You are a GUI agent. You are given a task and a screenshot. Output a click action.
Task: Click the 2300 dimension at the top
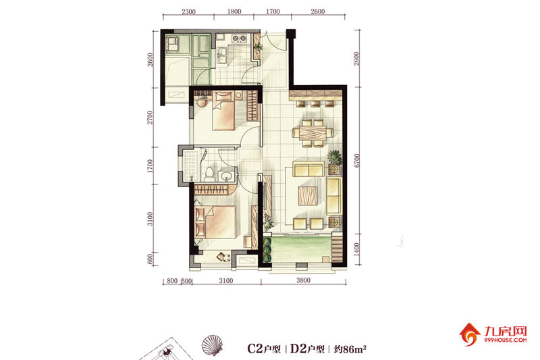tap(188, 11)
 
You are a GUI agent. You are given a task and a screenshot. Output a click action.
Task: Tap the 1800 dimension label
tap(234, 11)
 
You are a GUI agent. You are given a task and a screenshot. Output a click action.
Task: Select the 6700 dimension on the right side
tap(357, 161)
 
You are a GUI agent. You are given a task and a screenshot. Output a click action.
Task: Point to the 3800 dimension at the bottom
tap(303, 280)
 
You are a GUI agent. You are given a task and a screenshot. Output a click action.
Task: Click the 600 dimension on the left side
tap(150, 259)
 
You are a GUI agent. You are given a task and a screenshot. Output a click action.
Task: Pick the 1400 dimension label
tap(357, 249)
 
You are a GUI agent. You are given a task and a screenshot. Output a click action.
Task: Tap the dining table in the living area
tap(313, 133)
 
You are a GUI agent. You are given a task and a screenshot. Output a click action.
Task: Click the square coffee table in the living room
tap(308, 195)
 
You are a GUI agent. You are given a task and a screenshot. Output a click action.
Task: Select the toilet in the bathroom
tap(209, 174)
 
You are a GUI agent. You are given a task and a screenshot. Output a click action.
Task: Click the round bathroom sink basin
tap(226, 176)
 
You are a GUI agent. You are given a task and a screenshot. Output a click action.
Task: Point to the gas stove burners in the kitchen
tap(240, 38)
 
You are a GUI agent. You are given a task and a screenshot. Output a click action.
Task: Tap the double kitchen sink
tap(221, 56)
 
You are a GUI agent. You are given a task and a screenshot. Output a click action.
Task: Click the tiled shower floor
tap(192, 165)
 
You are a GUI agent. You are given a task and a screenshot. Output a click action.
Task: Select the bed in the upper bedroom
tap(223, 111)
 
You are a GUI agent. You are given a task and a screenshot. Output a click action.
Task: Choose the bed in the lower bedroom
tap(215, 222)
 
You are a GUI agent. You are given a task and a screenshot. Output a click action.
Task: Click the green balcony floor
tap(301, 249)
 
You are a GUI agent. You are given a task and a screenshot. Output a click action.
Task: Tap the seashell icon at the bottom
tap(212, 345)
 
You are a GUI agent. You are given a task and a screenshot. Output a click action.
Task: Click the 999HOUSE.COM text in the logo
tap(505, 340)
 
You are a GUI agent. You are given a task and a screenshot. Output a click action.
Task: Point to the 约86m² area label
tap(350, 349)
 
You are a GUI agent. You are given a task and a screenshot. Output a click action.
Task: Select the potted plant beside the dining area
tap(334, 158)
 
